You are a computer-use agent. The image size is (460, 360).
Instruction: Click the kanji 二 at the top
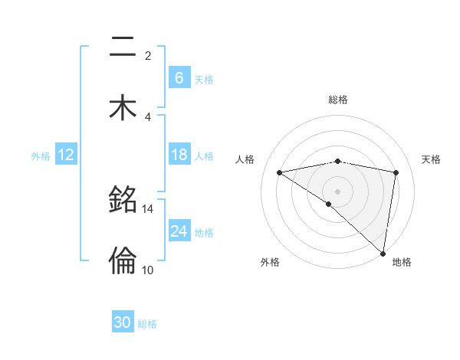pyautogui.click(x=123, y=47)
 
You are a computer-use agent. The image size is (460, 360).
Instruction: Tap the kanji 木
pyautogui.click(x=123, y=108)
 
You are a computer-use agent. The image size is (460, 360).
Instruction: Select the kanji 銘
pyautogui.click(x=123, y=200)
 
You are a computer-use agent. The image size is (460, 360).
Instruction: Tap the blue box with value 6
pyautogui.click(x=179, y=78)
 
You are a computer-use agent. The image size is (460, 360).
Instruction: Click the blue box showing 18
pyautogui.click(x=179, y=155)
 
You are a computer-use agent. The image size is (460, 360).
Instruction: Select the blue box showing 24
pyautogui.click(x=179, y=231)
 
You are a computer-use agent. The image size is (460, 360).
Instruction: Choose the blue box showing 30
pyautogui.click(x=123, y=322)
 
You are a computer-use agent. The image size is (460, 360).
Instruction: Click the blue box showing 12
pyautogui.click(x=66, y=155)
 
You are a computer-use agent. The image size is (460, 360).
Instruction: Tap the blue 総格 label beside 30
pyautogui.click(x=147, y=324)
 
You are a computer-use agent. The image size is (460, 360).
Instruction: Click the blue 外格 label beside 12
pyautogui.click(x=41, y=155)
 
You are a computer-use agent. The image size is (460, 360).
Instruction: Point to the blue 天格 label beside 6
pyautogui.click(x=204, y=79)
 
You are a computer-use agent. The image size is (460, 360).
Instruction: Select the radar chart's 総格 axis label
pyautogui.click(x=338, y=100)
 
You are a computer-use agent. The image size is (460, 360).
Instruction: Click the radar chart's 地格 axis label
pyautogui.click(x=402, y=263)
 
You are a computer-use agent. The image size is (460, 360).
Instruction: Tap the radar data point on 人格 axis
pyautogui.click(x=280, y=172)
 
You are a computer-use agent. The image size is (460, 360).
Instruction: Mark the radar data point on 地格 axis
pyautogui.click(x=383, y=253)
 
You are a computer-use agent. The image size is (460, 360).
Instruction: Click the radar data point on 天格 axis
pyautogui.click(x=396, y=172)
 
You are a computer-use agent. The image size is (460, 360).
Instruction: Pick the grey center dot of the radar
pyautogui.click(x=338, y=191)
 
